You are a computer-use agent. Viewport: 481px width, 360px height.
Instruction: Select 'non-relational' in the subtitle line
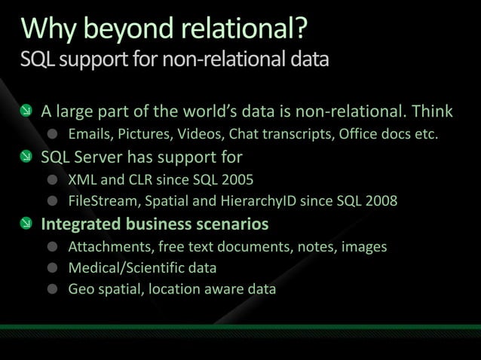coord(239,59)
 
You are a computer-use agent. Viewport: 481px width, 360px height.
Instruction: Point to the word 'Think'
coord(432,112)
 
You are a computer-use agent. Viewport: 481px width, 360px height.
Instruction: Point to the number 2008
coord(381,201)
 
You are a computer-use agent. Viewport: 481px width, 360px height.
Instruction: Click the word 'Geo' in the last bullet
coord(81,288)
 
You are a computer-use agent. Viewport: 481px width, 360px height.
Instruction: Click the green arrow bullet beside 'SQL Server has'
coord(26,157)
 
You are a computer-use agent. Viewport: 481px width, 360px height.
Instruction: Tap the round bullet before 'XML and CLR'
coord(52,180)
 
